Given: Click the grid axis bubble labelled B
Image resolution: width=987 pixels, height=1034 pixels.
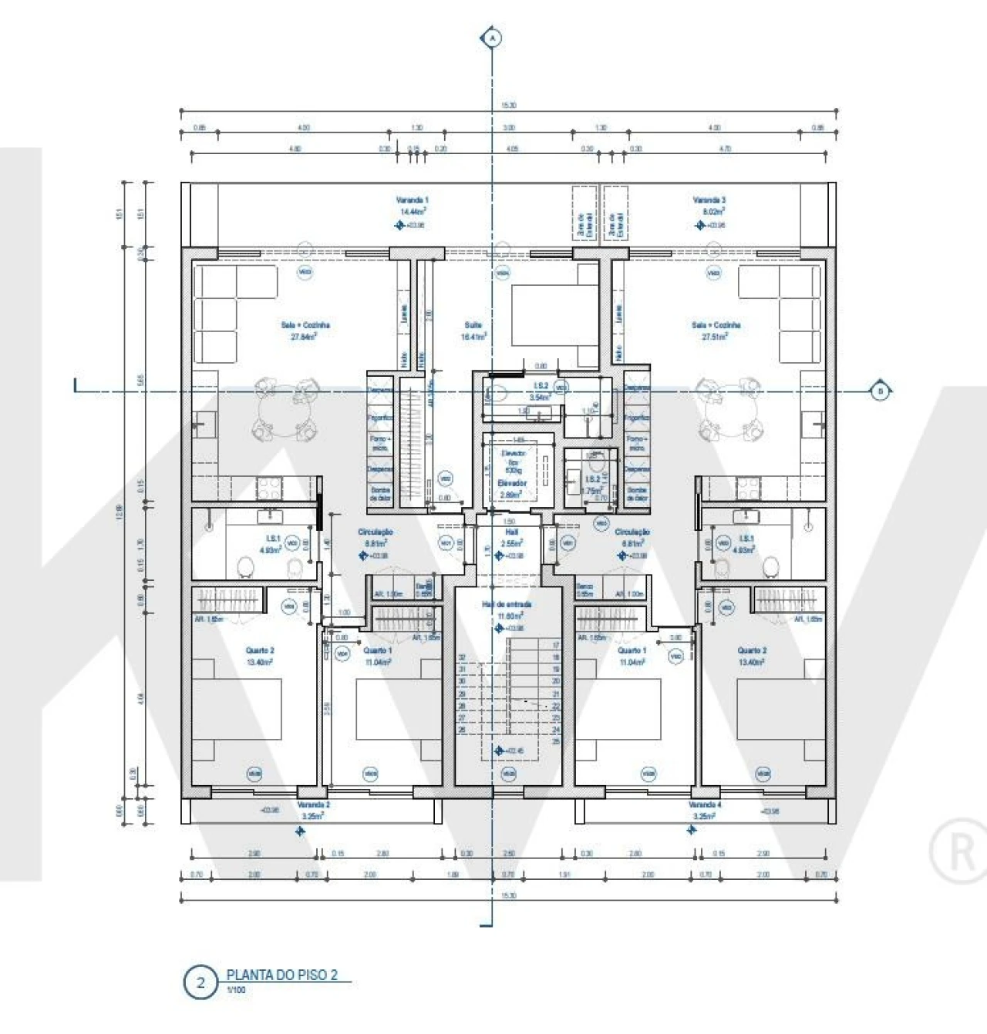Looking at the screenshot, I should click(880, 391).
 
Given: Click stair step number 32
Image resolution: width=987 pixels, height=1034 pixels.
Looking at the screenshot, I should click(463, 657).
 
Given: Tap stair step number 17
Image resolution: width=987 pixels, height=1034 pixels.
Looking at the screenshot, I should click(555, 646).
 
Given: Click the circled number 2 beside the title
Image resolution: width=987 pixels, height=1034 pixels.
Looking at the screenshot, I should click(201, 983).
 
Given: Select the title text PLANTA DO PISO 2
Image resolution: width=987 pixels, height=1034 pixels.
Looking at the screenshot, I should click(282, 975).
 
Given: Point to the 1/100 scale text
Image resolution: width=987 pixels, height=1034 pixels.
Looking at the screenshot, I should click(236, 990).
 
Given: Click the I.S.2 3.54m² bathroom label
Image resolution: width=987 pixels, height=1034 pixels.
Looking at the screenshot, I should click(541, 391).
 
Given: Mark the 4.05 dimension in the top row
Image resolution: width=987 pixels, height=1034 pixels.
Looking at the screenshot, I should click(513, 149).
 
